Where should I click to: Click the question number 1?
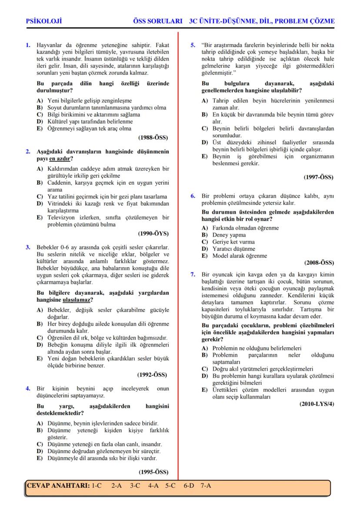28,44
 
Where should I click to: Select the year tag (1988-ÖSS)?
153,138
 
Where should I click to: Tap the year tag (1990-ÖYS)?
153,233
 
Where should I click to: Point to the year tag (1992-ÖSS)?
152,374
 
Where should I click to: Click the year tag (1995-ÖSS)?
153,472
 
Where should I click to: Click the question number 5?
193,44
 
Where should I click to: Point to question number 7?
193,275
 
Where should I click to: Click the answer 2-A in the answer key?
117,486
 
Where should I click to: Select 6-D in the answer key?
188,486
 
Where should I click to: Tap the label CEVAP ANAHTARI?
58,486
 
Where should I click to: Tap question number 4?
28,389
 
